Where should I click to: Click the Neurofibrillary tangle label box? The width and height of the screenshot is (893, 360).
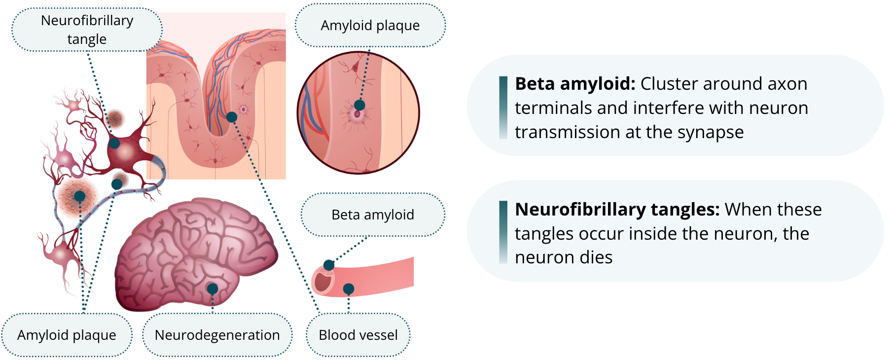[87, 30]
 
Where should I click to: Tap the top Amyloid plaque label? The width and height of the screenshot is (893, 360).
[370, 26]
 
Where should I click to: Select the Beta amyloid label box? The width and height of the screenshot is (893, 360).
[373, 215]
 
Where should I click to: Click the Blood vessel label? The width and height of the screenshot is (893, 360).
[358, 335]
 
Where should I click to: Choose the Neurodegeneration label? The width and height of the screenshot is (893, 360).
[217, 335]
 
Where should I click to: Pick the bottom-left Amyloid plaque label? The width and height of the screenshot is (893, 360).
[67, 335]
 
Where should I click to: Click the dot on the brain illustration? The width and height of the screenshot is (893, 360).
[213, 288]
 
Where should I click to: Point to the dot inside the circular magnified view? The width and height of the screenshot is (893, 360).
[359, 105]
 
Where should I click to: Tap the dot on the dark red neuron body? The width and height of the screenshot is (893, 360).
[114, 143]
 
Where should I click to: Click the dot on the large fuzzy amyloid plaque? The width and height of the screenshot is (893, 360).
[79, 196]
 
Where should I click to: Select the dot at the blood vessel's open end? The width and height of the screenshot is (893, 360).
[329, 265]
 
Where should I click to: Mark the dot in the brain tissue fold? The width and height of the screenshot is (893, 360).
[231, 117]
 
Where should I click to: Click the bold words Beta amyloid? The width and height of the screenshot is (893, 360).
[575, 84]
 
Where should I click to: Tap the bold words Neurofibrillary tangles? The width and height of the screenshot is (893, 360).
[617, 210]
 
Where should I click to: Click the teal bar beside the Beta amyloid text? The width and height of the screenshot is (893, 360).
[503, 108]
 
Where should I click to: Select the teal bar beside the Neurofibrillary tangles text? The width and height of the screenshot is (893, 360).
[503, 232]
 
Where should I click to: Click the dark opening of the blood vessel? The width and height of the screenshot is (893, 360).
[323, 282]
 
